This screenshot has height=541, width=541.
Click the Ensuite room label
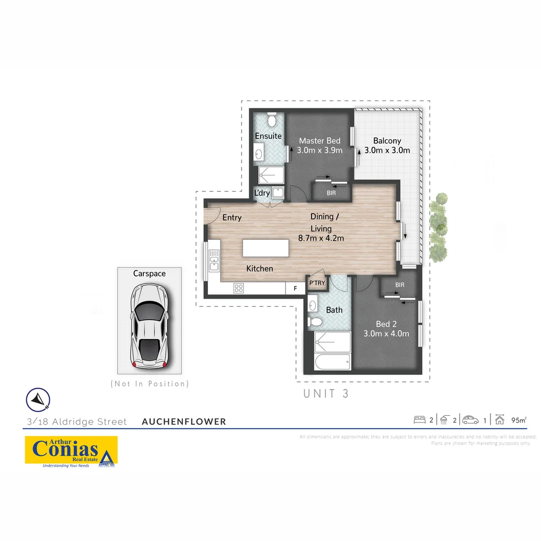[x=268, y=136]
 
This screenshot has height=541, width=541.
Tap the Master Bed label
[x=320, y=141]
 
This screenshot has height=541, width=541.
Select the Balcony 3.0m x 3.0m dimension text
[x=387, y=150]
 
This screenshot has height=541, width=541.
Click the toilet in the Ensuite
[x=272, y=120]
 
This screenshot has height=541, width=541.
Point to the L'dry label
[x=262, y=193]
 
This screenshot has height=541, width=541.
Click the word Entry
[x=232, y=217]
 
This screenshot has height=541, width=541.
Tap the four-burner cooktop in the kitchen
[x=238, y=288]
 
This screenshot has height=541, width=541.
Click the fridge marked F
[x=295, y=289]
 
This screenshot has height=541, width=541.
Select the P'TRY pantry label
[x=317, y=284]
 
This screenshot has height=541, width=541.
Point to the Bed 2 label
[x=386, y=324]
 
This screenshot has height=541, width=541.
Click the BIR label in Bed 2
[x=399, y=285]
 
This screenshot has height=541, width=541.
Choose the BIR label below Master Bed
[x=331, y=192]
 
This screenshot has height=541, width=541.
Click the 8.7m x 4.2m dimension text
[x=321, y=238]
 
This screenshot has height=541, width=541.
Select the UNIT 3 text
[x=326, y=394]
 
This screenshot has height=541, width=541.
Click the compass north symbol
[x=38, y=399]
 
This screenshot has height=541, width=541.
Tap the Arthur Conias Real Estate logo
[x=71, y=450]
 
